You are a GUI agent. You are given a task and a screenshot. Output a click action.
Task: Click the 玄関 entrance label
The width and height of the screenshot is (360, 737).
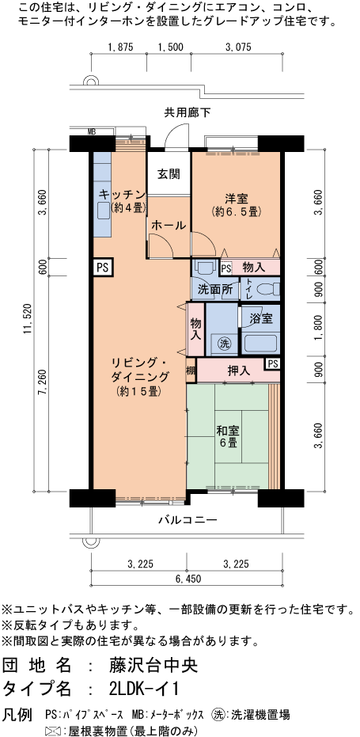point(168,174)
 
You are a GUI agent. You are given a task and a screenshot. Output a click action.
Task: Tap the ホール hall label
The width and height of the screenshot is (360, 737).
point(168,225)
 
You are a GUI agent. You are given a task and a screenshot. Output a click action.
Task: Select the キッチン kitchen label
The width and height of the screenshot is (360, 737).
point(121,194)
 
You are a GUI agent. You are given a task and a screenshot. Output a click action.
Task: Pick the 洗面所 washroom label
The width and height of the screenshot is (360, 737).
point(214,290)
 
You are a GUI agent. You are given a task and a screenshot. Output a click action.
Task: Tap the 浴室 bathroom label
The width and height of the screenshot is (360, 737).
point(261,318)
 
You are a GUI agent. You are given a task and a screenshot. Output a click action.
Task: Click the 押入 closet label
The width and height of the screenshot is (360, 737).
point(239,370)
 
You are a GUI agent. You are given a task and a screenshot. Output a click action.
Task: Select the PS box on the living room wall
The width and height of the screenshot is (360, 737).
point(102,268)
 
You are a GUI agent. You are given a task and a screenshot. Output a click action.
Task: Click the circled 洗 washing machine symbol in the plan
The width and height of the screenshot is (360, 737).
point(224,344)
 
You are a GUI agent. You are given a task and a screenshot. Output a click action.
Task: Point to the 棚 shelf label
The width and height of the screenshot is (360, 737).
point(191,370)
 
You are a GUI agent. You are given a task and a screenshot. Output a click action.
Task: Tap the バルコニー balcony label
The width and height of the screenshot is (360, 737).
point(188,520)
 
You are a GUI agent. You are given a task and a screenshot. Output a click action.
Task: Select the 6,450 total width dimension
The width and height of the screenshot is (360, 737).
point(187,579)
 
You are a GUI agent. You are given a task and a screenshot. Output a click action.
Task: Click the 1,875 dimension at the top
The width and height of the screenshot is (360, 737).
point(121,47)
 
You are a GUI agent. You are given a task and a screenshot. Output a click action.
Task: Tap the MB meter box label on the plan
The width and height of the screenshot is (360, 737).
point(92,131)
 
